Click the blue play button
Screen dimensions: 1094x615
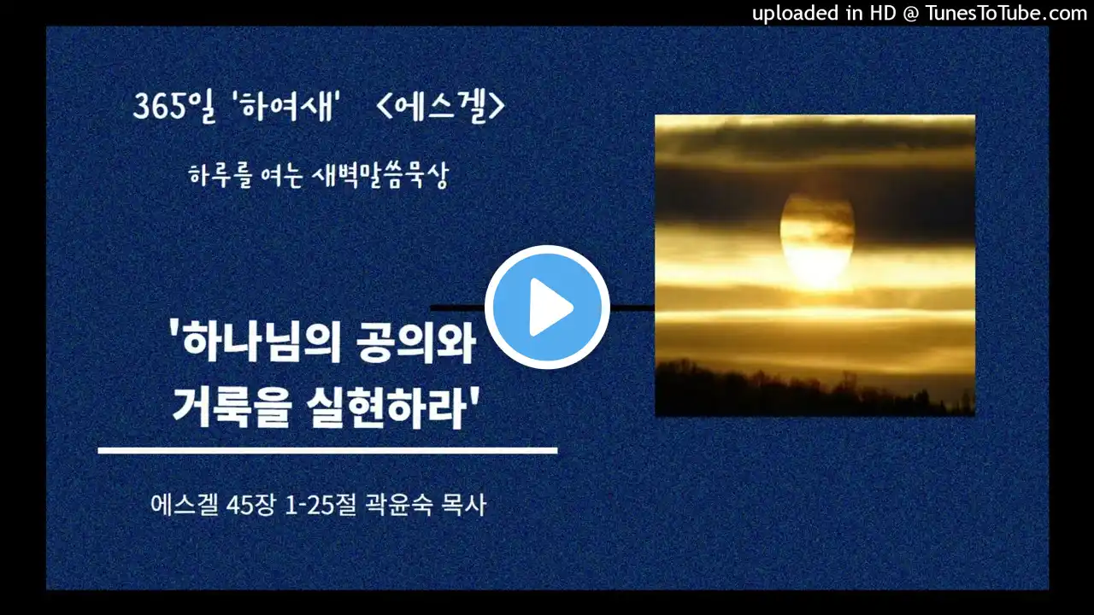[547, 307]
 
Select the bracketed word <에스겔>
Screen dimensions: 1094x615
[440, 106]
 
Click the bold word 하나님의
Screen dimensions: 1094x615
[254, 341]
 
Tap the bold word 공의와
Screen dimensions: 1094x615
[416, 341]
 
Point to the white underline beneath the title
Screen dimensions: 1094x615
[327, 450]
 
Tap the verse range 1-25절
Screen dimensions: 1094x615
[321, 505]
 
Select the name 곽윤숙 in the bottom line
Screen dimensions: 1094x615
[398, 505]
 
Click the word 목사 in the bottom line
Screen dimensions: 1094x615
[463, 505]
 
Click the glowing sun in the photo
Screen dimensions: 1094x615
[817, 239]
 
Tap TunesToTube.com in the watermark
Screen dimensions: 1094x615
[1007, 13]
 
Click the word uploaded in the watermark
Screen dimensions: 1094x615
[795, 13]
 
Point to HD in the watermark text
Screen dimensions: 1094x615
[883, 13]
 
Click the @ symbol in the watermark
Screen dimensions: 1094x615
[911, 14]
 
